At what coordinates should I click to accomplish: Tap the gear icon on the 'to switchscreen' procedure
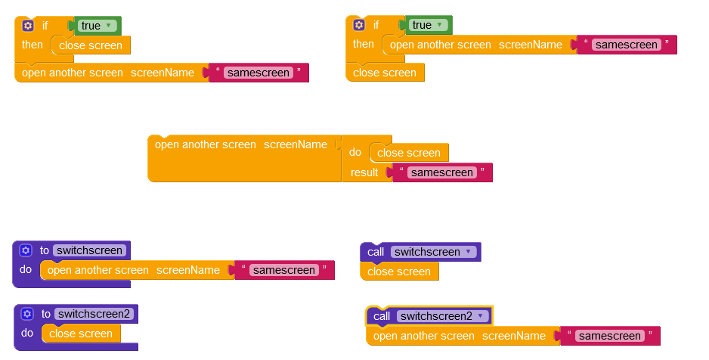[x=26, y=250]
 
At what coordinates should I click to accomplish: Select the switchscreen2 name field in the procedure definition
[x=94, y=314]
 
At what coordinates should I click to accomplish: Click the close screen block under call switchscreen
[x=399, y=272]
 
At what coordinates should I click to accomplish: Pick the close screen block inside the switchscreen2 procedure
[x=81, y=334]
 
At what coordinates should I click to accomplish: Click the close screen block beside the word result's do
[x=408, y=153]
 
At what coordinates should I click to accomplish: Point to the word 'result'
[x=364, y=172]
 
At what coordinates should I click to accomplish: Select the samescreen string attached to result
[x=441, y=172]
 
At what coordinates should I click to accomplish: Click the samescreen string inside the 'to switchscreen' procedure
[x=283, y=270]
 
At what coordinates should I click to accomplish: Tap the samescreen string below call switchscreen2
[x=608, y=336]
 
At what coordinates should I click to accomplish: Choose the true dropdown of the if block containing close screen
[x=96, y=26]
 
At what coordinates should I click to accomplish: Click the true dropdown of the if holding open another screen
[x=427, y=25]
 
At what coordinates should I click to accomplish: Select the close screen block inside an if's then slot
[x=91, y=45]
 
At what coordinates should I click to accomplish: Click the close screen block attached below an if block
[x=385, y=73]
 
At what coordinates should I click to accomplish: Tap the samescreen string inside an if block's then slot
[x=626, y=45]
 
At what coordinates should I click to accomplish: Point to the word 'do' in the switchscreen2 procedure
[x=27, y=333]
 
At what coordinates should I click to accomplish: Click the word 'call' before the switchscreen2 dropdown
[x=382, y=316]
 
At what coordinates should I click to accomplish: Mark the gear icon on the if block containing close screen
[x=28, y=25]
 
